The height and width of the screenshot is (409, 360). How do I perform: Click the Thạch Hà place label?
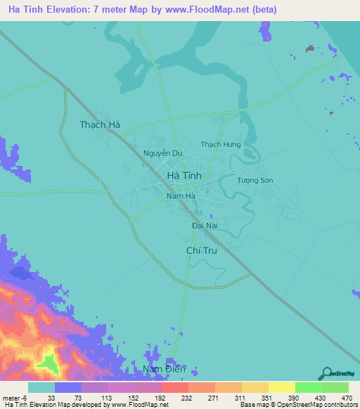(x=99, y=124)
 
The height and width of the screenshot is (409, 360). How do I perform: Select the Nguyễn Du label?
(x=162, y=153)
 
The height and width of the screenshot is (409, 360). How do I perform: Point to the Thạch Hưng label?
(x=221, y=145)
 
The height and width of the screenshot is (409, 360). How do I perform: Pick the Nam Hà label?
(x=179, y=197)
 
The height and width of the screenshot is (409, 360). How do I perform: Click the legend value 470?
(x=345, y=396)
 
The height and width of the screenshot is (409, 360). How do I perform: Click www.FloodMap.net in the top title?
(x=195, y=10)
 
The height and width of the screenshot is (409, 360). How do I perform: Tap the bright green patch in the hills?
(x=48, y=364)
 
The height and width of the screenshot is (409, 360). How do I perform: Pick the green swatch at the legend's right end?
(x=335, y=387)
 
